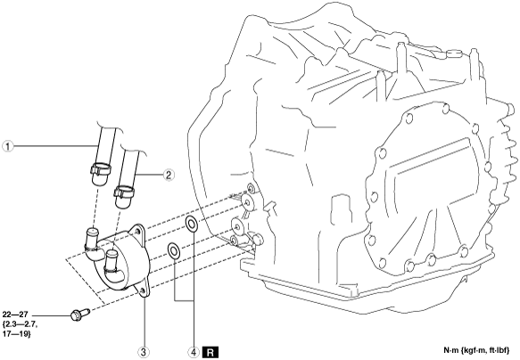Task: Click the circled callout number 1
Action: pos(8,146)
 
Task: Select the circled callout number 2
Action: pos(169,175)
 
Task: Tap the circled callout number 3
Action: pos(144,352)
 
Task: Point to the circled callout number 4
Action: pos(194,352)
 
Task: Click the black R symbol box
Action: pos(210,352)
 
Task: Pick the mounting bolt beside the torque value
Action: pos(80,315)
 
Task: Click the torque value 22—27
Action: pos(15,315)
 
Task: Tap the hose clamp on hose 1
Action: pos(100,168)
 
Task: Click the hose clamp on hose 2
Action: pos(124,192)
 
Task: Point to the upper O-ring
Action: pos(192,224)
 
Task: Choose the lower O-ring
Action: pos(173,250)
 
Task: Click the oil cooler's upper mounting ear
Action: pos(137,233)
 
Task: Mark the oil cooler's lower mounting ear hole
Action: pos(143,290)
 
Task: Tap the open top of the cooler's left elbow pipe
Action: pos(92,230)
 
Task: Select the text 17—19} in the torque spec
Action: pos(17,334)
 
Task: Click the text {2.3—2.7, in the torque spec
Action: pos(20,324)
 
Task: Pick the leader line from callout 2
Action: pos(149,174)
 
